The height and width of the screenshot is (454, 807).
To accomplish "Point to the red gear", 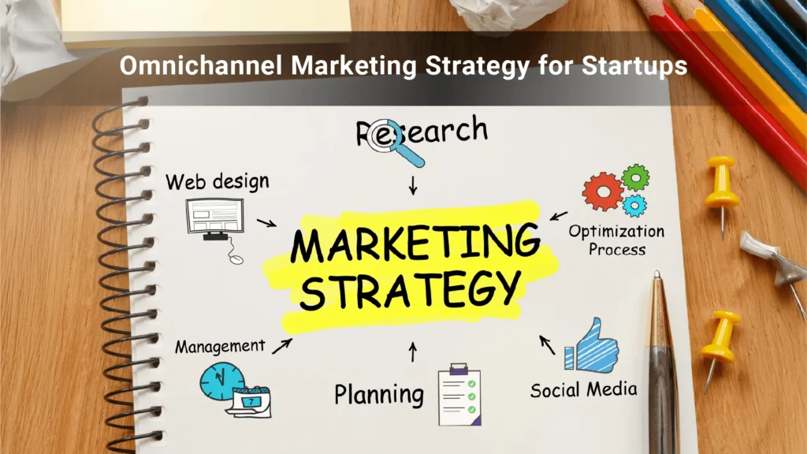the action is pyautogui.click(x=602, y=192).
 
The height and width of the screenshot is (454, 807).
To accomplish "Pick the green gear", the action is pyautogui.click(x=636, y=178).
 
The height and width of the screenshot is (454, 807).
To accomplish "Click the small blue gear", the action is pyautogui.click(x=634, y=206).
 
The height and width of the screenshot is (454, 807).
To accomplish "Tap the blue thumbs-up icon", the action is pyautogui.click(x=591, y=346).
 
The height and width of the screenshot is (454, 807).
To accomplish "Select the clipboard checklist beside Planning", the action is pyautogui.click(x=459, y=394).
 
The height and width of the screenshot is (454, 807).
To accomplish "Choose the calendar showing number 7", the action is pyautogui.click(x=250, y=401).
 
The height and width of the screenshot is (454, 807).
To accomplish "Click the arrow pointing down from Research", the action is pyautogui.click(x=413, y=185).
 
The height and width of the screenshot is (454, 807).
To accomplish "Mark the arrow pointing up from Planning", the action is pyautogui.click(x=413, y=352).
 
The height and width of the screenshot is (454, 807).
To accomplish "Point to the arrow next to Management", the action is pyautogui.click(x=282, y=346).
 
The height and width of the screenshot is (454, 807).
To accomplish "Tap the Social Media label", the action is pyautogui.click(x=584, y=389).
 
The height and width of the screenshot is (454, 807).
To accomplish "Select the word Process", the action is pyautogui.click(x=616, y=250).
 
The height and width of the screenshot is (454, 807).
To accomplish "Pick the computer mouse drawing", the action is pyautogui.click(x=236, y=259).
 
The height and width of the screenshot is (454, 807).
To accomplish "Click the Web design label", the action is pyautogui.click(x=218, y=182).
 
